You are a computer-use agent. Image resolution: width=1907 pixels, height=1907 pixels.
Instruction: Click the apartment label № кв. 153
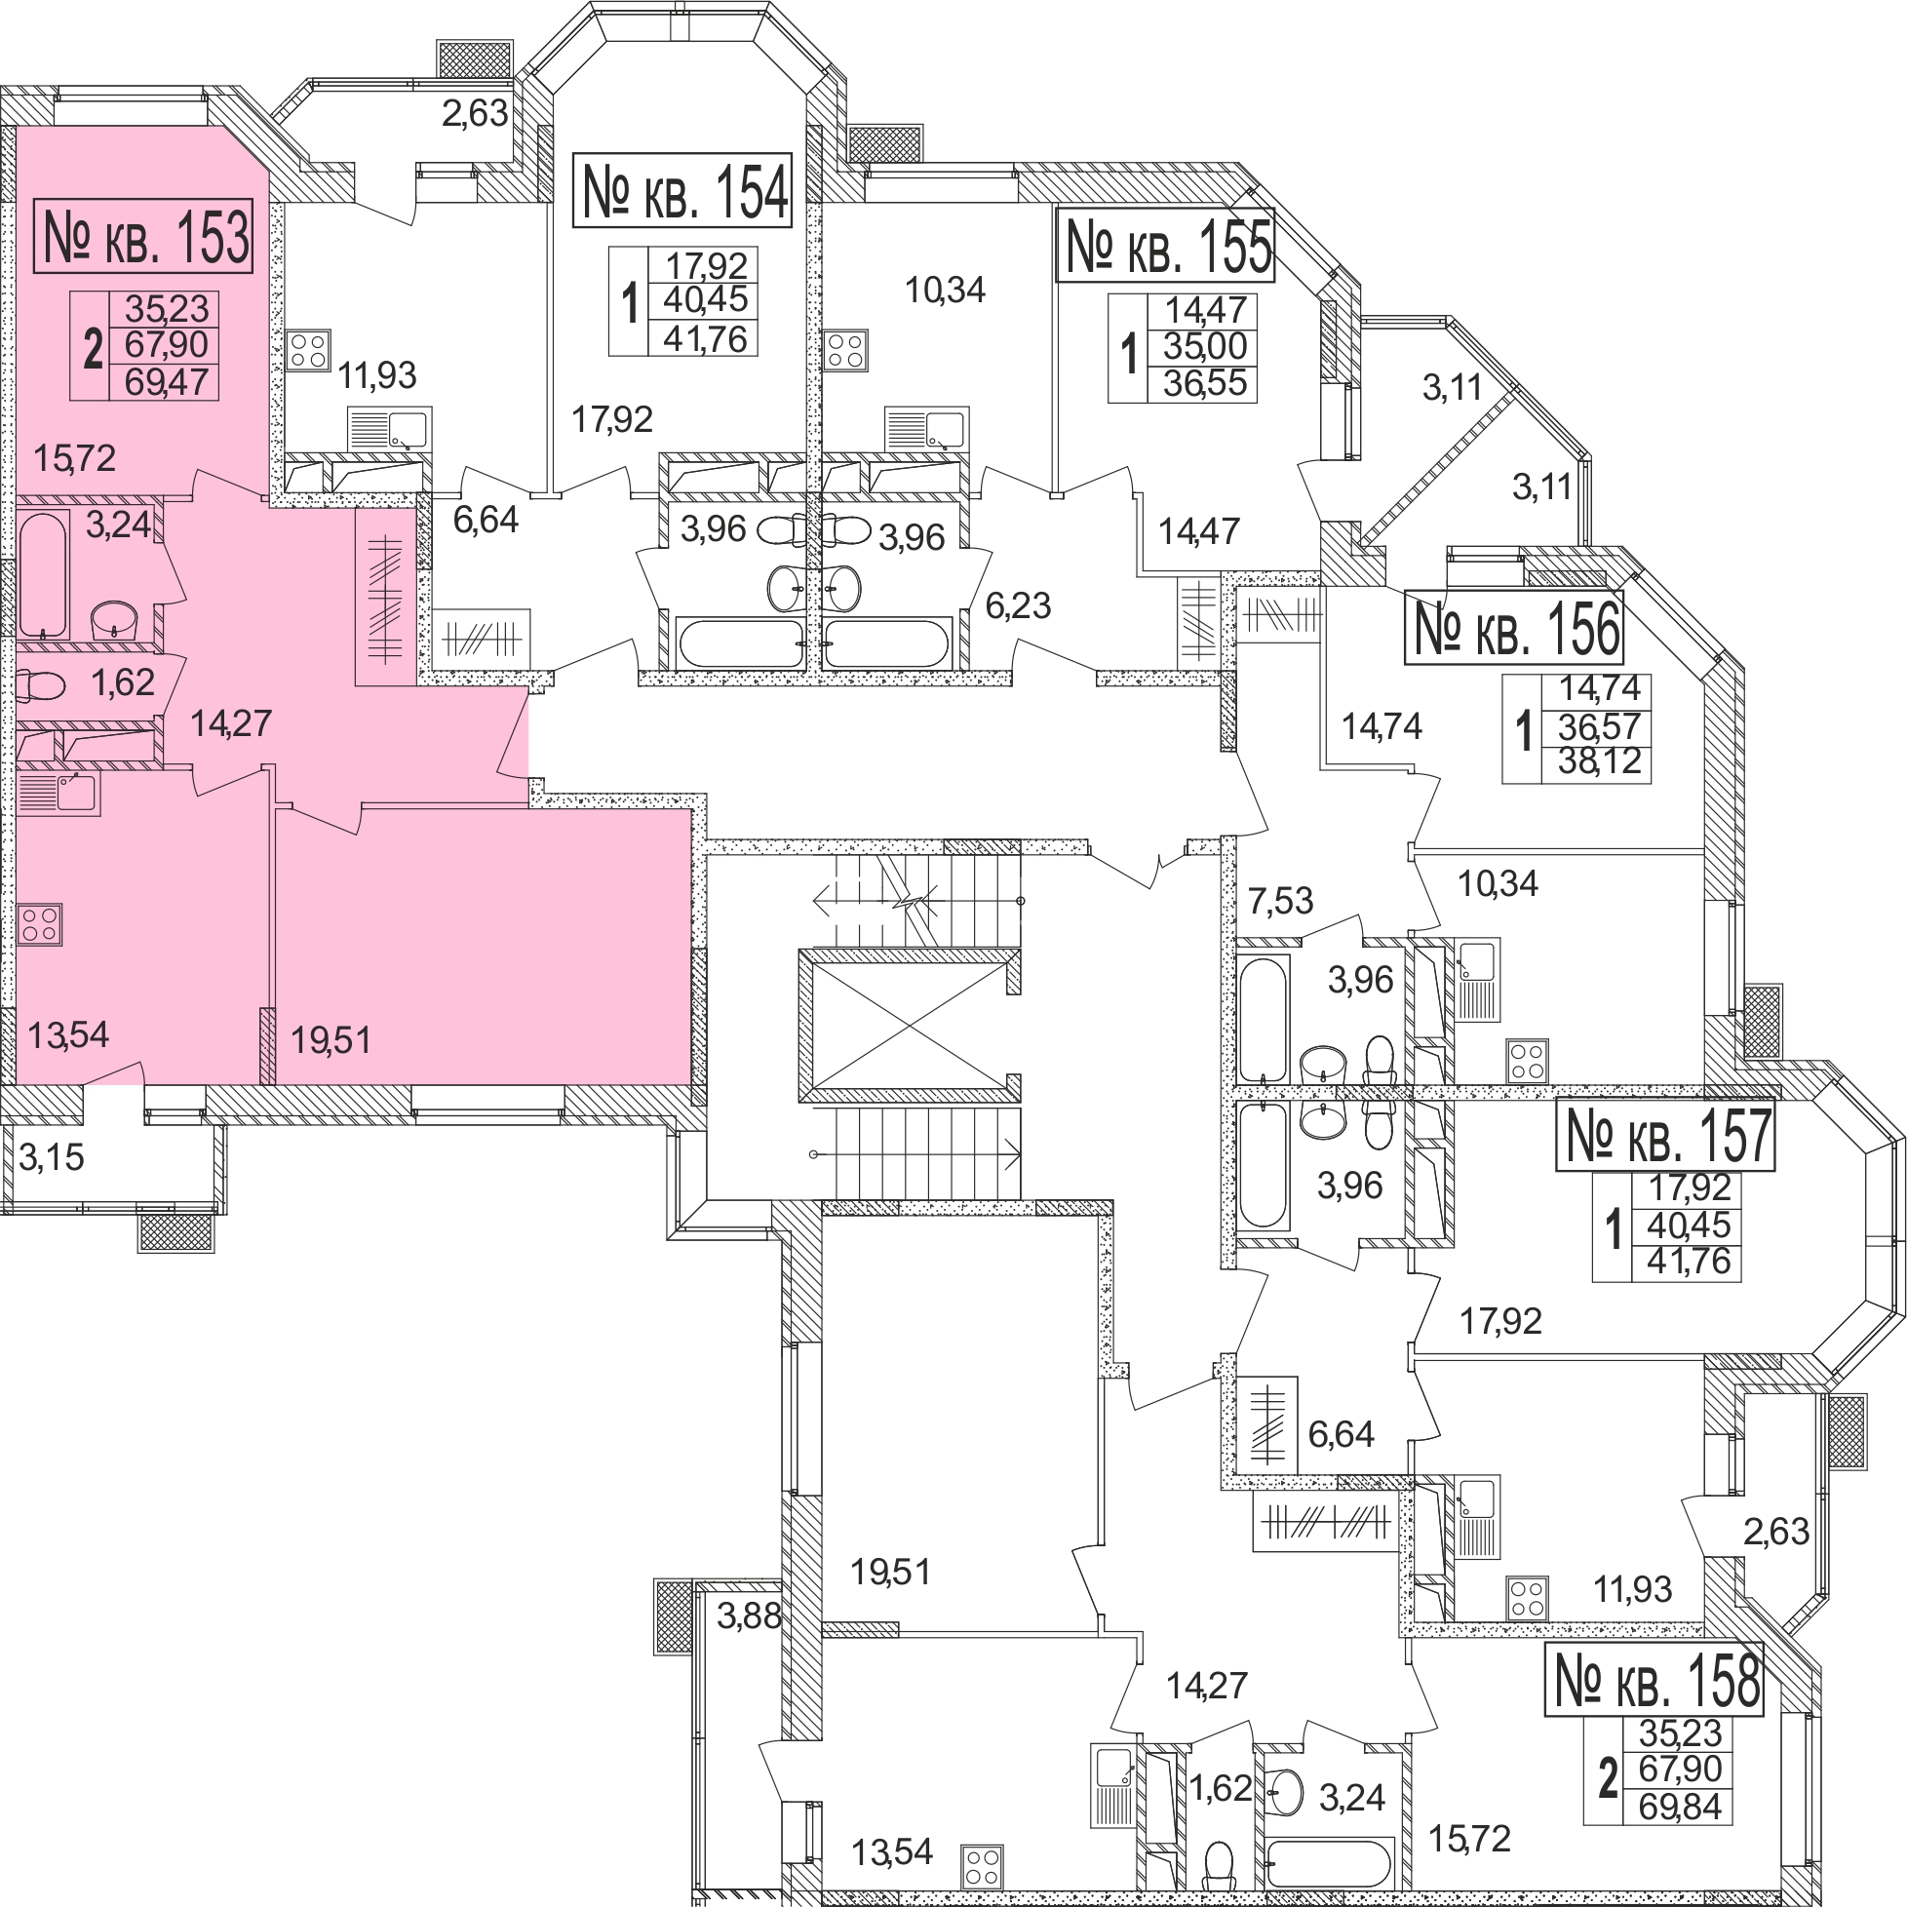pos(144,236)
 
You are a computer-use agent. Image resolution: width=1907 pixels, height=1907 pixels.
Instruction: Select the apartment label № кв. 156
pos(1513,628)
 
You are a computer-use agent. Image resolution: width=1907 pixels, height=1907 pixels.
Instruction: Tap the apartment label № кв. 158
pos(1654,1680)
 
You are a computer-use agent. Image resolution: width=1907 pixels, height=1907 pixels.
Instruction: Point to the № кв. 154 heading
pos(683,191)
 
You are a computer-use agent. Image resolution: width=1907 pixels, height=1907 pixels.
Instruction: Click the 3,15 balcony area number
pos(52,1157)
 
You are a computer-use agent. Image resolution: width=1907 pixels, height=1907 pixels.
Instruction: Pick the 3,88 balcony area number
pos(748,1615)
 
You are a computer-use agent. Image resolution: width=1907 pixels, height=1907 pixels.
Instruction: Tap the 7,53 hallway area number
pos(1280,900)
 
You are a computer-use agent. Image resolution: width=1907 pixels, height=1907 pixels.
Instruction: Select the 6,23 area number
pos(1018,605)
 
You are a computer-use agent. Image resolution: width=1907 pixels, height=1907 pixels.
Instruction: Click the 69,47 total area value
pos(166,382)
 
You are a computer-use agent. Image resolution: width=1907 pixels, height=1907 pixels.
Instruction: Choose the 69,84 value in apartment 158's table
pos(1680,1807)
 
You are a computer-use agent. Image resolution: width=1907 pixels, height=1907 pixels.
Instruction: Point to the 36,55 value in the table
pos(1204,383)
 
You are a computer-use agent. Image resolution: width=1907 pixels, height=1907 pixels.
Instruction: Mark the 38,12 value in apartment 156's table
pos(1599,761)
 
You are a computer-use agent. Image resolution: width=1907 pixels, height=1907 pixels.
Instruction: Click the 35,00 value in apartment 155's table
pos(1204,346)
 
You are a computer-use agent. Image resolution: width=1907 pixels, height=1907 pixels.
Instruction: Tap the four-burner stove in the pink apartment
pos(39,925)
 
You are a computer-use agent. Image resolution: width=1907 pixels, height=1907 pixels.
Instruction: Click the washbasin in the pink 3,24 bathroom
pos(114,620)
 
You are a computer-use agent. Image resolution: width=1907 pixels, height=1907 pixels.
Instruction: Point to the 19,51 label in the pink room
pos(331,1039)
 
